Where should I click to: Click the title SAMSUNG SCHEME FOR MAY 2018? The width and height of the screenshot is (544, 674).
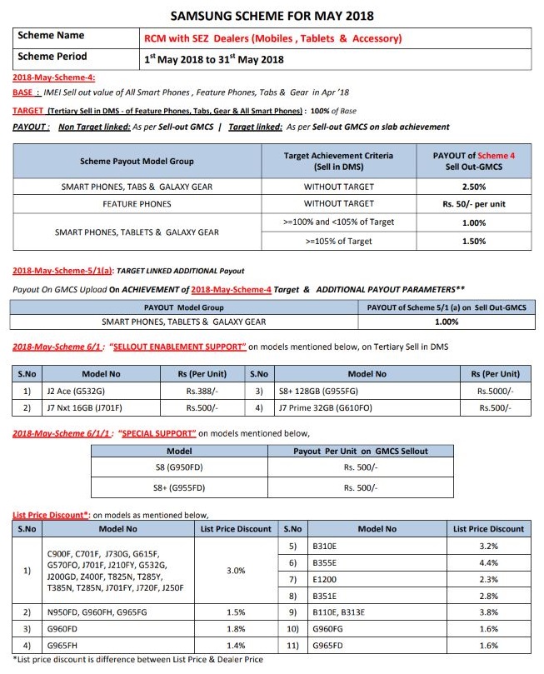click(272, 15)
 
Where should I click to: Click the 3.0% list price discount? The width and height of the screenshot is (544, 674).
click(236, 571)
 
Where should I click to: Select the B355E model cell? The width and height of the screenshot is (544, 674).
click(327, 563)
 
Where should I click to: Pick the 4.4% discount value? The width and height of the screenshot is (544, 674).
click(489, 563)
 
